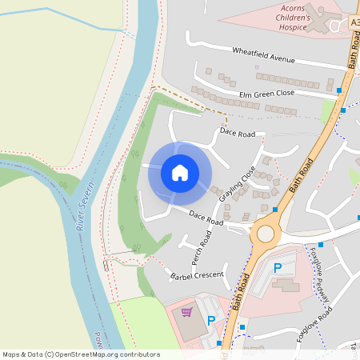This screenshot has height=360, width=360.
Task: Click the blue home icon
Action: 180,173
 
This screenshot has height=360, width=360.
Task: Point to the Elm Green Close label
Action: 266,94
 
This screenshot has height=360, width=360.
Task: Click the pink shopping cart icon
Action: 187,312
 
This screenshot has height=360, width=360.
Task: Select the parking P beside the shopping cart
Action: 212,321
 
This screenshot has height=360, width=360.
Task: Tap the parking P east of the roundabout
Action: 278,268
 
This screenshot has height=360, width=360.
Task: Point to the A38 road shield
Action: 355,24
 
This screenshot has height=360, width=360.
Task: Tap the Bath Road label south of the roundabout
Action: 239,298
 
